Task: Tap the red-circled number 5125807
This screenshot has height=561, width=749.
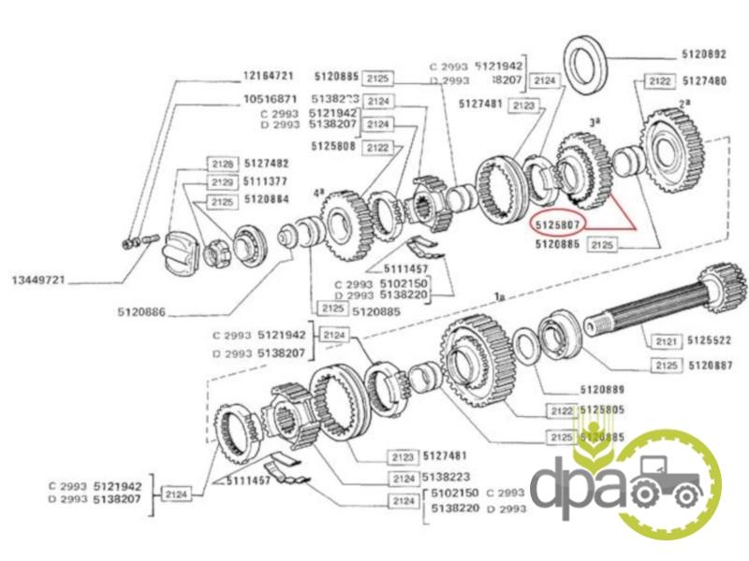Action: pyautogui.click(x=558, y=224)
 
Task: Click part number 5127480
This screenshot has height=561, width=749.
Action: pyautogui.click(x=704, y=81)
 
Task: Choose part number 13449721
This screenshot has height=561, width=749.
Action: pyautogui.click(x=38, y=280)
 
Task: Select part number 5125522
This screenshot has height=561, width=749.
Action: pyautogui.click(x=710, y=343)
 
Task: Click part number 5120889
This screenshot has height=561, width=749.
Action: pyautogui.click(x=602, y=387)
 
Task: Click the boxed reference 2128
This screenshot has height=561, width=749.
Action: pyautogui.click(x=220, y=163)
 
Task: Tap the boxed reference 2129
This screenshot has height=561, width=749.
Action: pyautogui.click(x=220, y=181)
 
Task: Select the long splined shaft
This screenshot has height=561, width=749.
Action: pyautogui.click(x=655, y=308)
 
